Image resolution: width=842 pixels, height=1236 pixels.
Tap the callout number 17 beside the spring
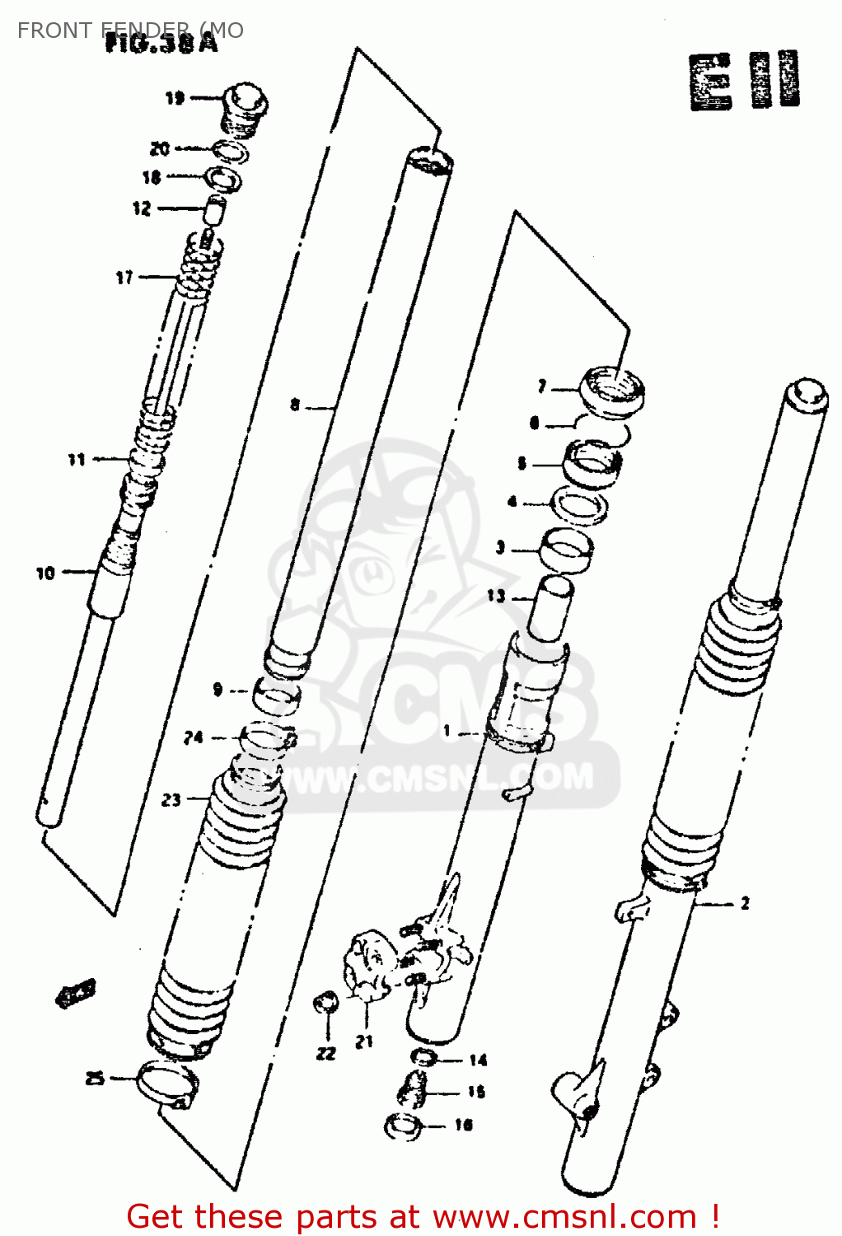[x=124, y=278]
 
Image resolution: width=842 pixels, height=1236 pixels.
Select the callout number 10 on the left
[x=45, y=573]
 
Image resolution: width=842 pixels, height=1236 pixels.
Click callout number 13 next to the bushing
[x=495, y=595]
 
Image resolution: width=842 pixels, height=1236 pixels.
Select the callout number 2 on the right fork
[x=745, y=904]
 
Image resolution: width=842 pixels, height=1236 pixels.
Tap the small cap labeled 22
[x=327, y=1003]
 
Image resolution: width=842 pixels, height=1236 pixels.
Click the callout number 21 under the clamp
[x=364, y=1042]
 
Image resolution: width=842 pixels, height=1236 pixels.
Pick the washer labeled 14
[x=421, y=1057]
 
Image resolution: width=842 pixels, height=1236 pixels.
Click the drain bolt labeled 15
[x=413, y=1091]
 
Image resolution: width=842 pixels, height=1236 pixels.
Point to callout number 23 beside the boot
[x=171, y=799]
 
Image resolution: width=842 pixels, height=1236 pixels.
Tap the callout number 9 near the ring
[x=218, y=689]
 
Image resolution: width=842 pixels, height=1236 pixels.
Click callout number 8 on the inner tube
[x=295, y=405]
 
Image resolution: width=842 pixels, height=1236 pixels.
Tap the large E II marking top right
[x=744, y=81]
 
